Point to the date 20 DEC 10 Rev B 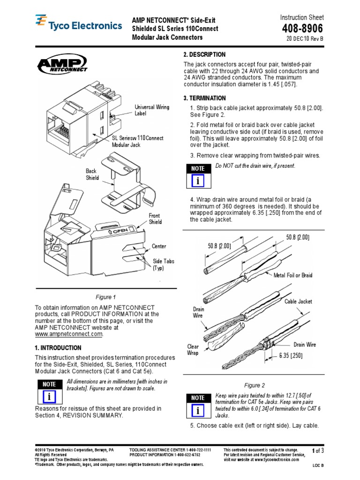pos(305,39)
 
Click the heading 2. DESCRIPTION pos(204,55)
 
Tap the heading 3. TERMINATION pos(204,98)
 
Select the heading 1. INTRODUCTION pos(58,348)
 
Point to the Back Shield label pos(92,175)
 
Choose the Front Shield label pos(155,219)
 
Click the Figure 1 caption pos(105,297)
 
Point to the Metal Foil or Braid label pos(293,275)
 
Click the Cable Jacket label pos(298,301)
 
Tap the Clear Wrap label pos(193,350)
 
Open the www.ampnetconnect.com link pos(68,334)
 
